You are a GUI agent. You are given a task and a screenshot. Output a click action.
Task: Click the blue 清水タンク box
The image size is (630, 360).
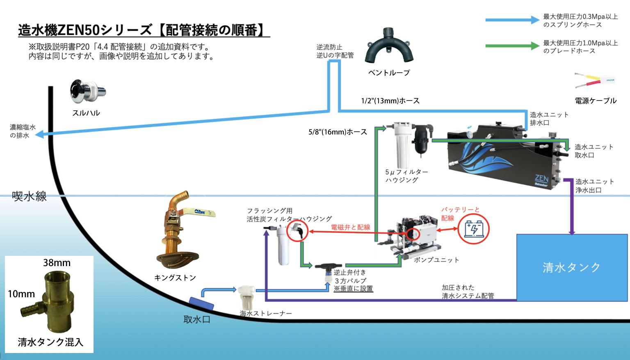point(572,267)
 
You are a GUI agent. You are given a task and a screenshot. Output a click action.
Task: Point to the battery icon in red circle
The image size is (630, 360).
point(474,229)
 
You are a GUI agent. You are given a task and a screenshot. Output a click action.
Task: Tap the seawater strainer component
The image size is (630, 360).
point(247,298)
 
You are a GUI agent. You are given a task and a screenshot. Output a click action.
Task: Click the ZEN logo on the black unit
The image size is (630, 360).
point(541,179)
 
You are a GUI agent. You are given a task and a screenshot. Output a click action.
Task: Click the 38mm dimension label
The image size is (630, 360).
point(57,263)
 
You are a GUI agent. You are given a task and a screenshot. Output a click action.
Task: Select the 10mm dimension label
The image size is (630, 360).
point(21,294)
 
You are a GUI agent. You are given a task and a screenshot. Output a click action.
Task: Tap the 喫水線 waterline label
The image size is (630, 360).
point(30,196)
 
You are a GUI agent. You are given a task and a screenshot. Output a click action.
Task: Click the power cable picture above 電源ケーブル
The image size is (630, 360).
point(595,81)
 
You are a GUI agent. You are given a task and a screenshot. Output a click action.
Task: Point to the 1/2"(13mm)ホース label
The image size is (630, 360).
point(390,101)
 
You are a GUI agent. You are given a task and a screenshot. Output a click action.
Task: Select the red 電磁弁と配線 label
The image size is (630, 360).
point(350,227)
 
